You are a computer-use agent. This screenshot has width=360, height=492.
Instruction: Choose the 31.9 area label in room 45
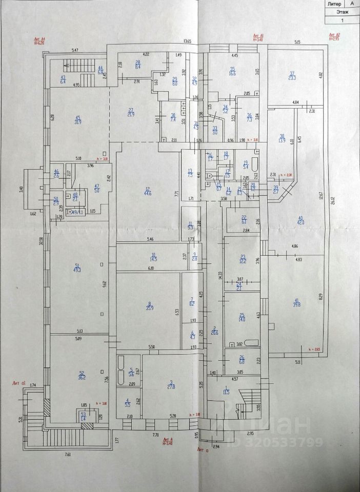(x=78, y=121)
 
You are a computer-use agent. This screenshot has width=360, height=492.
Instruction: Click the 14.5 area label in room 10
(x=153, y=259)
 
